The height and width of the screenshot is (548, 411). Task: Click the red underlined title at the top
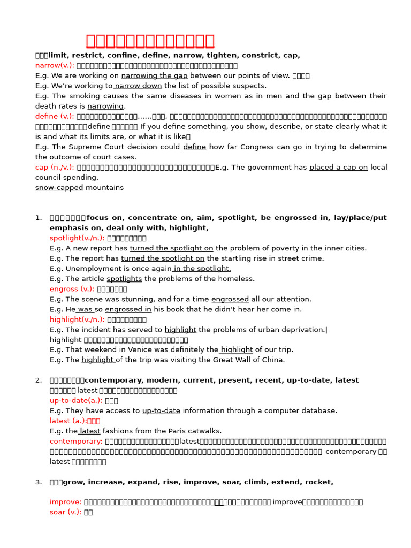150,41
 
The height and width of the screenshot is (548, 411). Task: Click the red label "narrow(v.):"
55,65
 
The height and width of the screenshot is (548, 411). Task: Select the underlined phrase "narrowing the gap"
155,75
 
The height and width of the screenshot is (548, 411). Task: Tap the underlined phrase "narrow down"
138,86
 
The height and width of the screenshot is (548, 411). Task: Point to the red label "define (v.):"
55,116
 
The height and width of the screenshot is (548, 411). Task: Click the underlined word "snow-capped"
59,187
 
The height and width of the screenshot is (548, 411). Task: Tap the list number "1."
39,218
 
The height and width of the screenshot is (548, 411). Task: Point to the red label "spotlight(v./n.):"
77,238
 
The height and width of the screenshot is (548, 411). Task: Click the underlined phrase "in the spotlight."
201,269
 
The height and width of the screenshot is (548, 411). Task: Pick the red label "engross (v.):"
72,289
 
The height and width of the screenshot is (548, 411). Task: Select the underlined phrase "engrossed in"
128,309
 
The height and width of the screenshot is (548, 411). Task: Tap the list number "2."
39,380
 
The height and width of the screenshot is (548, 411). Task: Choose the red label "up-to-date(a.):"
76,400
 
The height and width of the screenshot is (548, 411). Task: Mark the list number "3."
39,482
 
